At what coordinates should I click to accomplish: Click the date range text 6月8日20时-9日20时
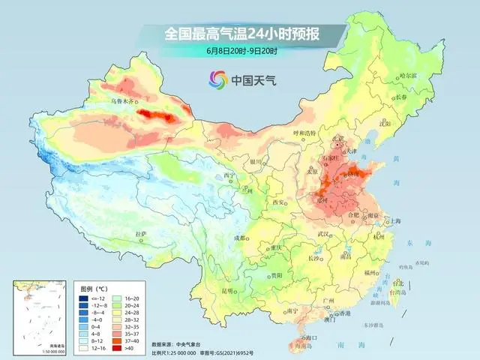coord(241,51)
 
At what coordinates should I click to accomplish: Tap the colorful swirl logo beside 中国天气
coord(217,79)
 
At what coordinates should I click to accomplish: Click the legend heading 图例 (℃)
coord(96,288)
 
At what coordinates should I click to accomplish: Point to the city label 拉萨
coord(141,234)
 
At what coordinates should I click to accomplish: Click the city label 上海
coord(391,222)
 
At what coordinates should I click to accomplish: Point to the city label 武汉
coord(324,234)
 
